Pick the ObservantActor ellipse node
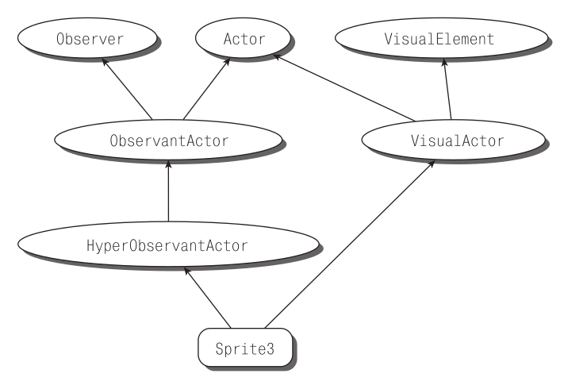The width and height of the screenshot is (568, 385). (x=168, y=140)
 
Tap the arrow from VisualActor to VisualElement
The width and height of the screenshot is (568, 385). (x=449, y=91)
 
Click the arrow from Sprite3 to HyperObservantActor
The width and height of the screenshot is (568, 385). (x=208, y=298)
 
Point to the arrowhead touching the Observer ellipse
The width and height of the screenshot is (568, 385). (x=106, y=65)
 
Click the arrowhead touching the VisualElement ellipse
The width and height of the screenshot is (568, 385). (x=445, y=66)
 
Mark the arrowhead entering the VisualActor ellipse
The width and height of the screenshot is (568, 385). (x=432, y=163)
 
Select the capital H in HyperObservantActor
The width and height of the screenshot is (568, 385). (x=90, y=245)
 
